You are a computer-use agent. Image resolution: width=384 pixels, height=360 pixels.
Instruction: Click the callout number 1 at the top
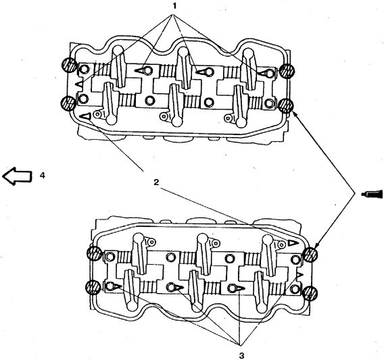tap(174, 6)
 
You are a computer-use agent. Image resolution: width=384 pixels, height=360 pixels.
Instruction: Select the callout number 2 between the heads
tap(156, 182)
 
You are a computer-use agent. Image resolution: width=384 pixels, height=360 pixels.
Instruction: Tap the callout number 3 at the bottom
tap(242, 355)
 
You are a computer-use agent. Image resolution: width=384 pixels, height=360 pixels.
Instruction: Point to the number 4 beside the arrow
tap(43, 175)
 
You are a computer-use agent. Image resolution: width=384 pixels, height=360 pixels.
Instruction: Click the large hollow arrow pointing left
tap(17, 176)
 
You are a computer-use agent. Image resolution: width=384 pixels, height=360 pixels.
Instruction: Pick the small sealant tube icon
tap(372, 194)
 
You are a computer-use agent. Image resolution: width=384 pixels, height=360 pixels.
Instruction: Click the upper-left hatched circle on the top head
tap(68, 65)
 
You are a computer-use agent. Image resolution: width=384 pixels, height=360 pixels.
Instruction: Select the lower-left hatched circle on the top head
tap(68, 103)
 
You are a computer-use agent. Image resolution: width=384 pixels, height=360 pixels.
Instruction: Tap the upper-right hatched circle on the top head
tap(287, 71)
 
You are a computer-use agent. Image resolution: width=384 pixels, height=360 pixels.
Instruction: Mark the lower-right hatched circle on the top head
tap(286, 106)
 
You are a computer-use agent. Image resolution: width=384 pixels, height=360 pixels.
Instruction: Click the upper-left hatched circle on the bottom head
tap(95, 254)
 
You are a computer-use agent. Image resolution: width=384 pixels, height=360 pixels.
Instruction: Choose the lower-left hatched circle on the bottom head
tap(93, 287)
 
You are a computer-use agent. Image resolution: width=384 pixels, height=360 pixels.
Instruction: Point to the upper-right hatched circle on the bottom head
tap(310, 255)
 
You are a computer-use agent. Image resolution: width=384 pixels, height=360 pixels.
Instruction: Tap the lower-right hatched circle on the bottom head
tap(310, 293)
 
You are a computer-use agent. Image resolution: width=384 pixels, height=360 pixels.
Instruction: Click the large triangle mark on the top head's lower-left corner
tap(86, 116)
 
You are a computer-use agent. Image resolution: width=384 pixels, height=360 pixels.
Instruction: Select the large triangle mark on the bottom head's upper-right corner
tap(293, 243)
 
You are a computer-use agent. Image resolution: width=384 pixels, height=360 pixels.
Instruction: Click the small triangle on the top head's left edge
tap(79, 84)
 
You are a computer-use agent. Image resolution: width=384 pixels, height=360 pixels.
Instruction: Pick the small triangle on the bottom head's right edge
tap(299, 276)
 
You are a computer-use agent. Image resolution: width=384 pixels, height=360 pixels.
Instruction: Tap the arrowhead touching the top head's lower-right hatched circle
tap(294, 114)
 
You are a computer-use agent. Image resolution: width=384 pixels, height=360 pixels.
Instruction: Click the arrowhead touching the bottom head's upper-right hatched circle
tap(316, 245)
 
